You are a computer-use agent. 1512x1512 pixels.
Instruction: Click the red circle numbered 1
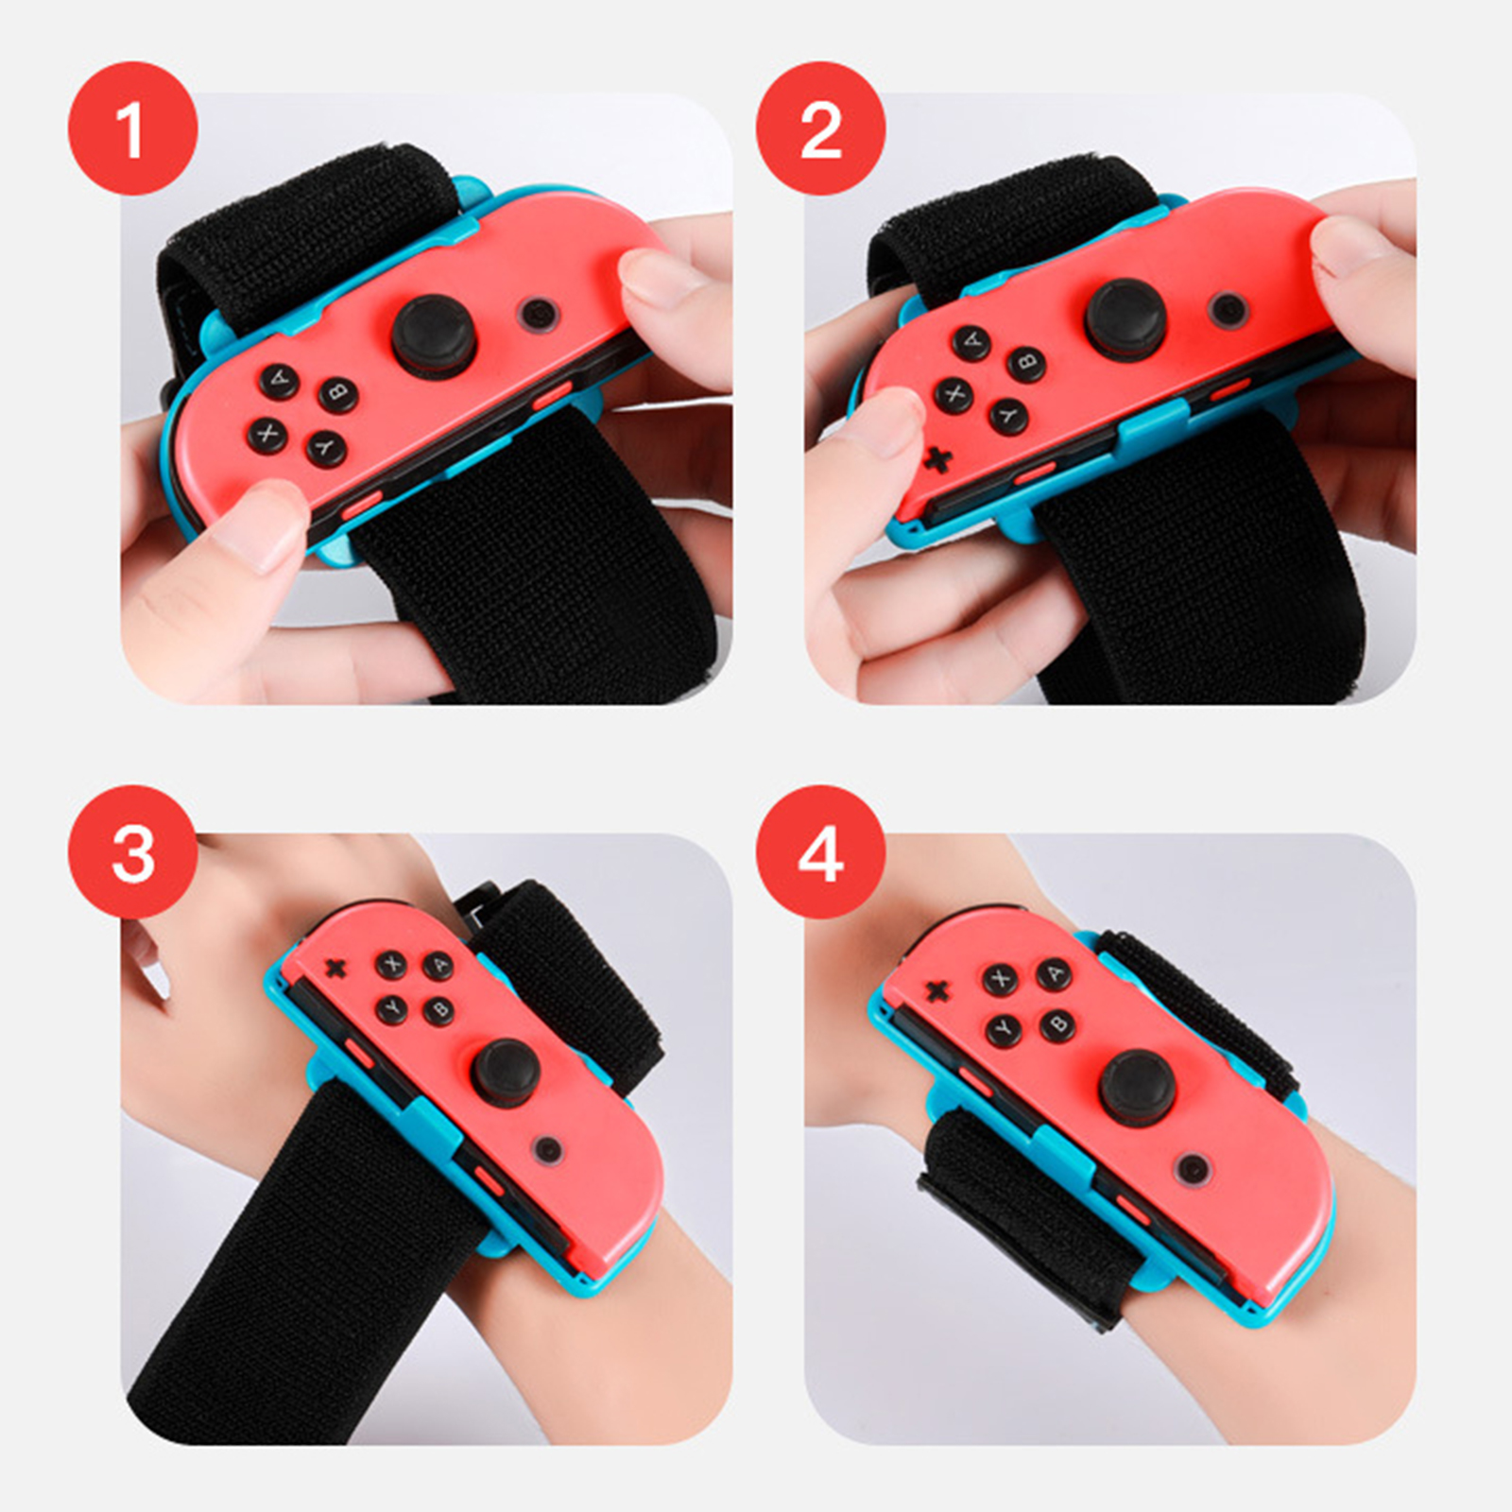click(132, 129)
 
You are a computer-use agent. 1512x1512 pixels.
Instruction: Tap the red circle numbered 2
click(820, 129)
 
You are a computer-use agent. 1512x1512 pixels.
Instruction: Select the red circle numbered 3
click(132, 851)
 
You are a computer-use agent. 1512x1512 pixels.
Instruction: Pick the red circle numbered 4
click(820, 851)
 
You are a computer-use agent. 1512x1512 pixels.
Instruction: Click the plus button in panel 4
click(936, 990)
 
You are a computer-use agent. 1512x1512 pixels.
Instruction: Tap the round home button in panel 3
click(547, 1150)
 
